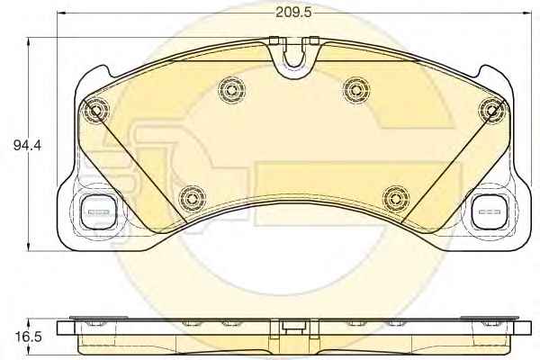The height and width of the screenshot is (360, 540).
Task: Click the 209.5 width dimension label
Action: (x=293, y=13)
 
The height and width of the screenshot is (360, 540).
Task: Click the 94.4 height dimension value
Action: (x=27, y=145)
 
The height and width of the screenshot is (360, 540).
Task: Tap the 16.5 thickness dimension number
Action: (x=28, y=337)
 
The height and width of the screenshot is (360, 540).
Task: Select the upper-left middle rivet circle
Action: (x=232, y=90)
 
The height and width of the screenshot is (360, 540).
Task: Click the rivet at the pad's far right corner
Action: (x=493, y=111)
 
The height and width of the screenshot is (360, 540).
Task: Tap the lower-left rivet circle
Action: (x=193, y=199)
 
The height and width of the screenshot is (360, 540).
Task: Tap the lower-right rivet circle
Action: (x=396, y=199)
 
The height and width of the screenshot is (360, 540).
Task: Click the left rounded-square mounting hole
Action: (x=98, y=211)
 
